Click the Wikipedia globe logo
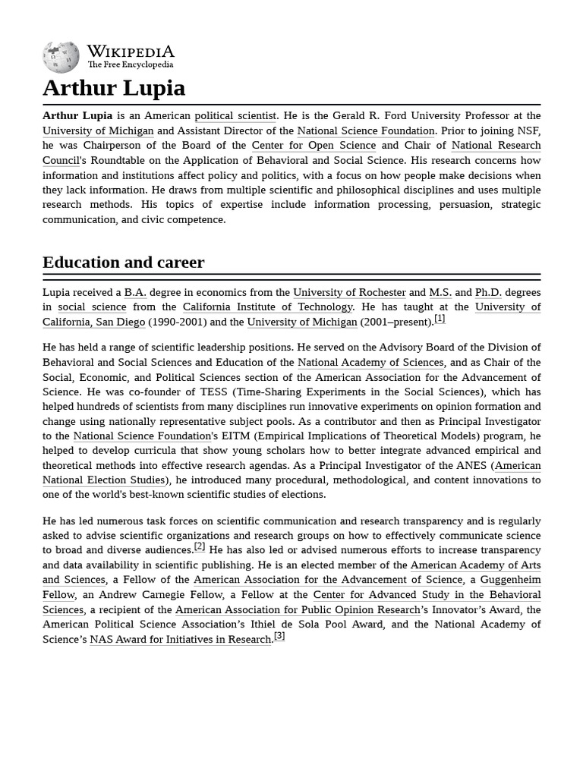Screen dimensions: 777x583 tap(61, 58)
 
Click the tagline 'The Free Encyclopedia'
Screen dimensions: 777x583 tap(130, 65)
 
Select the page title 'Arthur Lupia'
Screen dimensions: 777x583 tap(114, 88)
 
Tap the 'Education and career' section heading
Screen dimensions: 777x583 tap(123, 263)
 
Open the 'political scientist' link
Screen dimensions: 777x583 tap(235, 115)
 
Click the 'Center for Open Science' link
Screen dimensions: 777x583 tap(314, 145)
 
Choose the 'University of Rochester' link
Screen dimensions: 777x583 tap(349, 292)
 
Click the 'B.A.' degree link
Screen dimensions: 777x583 tap(135, 292)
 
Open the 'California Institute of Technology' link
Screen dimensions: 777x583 tap(267, 307)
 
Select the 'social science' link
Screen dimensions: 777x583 tap(92, 307)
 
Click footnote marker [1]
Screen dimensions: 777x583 tap(440, 319)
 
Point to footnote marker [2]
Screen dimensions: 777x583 tap(200, 546)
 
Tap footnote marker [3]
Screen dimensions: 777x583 tap(279, 636)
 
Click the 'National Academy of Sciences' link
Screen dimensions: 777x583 tap(370, 363)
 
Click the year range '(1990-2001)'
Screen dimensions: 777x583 tap(179, 322)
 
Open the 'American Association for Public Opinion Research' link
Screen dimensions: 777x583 tap(297, 609)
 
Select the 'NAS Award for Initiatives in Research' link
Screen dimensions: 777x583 tap(181, 639)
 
